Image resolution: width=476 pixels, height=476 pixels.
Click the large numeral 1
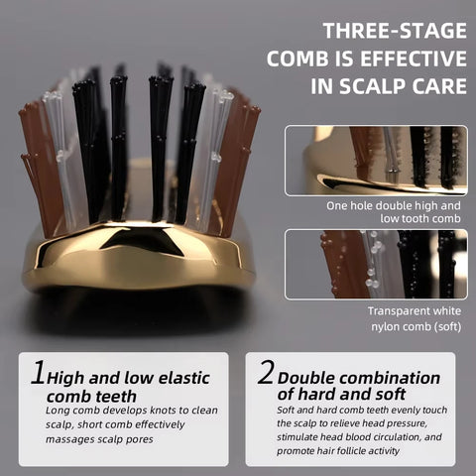pyautogui.click(x=39, y=374)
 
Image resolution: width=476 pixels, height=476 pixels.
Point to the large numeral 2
pyautogui.click(x=265, y=374)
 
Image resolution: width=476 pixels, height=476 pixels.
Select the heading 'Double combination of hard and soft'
pyautogui.click(x=358, y=386)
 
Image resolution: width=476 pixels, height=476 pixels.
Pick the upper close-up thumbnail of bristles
pyautogui.click(x=375, y=160)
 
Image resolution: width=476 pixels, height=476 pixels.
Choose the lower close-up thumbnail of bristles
pyautogui.click(x=375, y=265)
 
